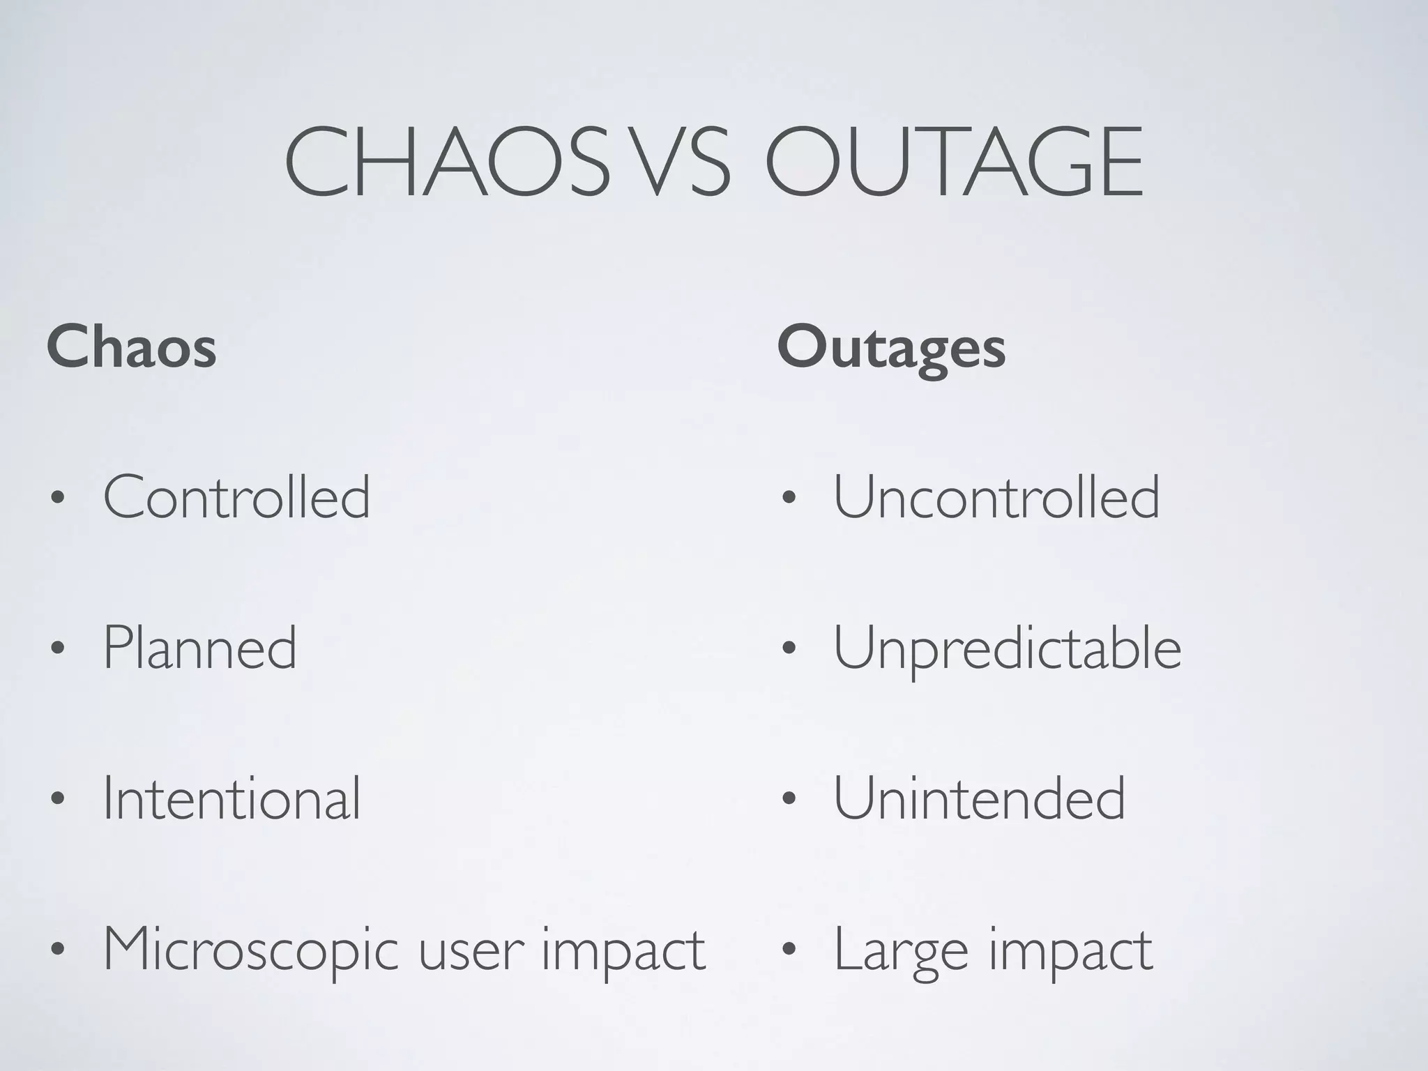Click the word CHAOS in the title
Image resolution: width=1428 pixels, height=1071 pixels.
[x=446, y=163]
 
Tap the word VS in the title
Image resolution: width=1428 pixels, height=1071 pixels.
[x=684, y=163]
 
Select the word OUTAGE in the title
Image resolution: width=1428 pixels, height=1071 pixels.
[x=955, y=163]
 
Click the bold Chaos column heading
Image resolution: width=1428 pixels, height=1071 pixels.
[x=132, y=347]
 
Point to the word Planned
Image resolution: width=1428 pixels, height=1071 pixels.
[x=200, y=648]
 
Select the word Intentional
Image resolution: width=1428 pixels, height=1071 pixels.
[x=231, y=798]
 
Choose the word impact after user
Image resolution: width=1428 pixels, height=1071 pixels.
[x=623, y=952]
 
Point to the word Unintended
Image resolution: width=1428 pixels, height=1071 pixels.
[x=979, y=798]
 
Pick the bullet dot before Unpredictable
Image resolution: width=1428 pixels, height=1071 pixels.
[x=788, y=650]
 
